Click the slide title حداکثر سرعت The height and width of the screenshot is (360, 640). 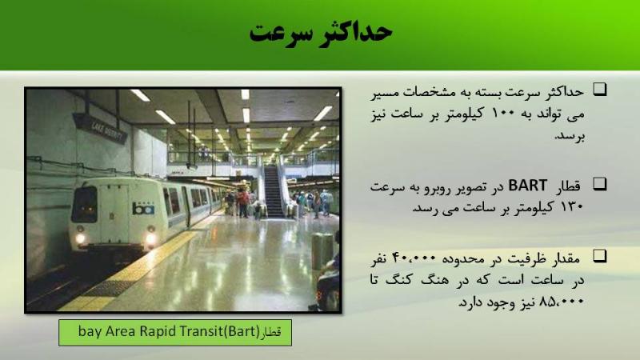[321, 32]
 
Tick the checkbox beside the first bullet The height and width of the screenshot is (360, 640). [599, 90]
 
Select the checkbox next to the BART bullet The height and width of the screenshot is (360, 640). [599, 184]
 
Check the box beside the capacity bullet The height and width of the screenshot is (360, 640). [599, 256]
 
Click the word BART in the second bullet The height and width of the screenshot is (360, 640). [527, 186]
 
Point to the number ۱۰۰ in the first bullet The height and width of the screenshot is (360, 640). [506, 113]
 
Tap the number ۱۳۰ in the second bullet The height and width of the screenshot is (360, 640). [571, 207]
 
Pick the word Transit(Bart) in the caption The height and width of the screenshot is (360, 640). [217, 330]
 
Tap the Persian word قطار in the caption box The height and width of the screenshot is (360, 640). [271, 331]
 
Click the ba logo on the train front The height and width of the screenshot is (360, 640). [143, 209]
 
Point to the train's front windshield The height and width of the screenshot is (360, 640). [84, 204]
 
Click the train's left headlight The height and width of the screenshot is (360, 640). [80, 238]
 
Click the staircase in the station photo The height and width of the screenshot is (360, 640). [274, 190]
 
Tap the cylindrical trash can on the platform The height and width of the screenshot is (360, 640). [322, 251]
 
